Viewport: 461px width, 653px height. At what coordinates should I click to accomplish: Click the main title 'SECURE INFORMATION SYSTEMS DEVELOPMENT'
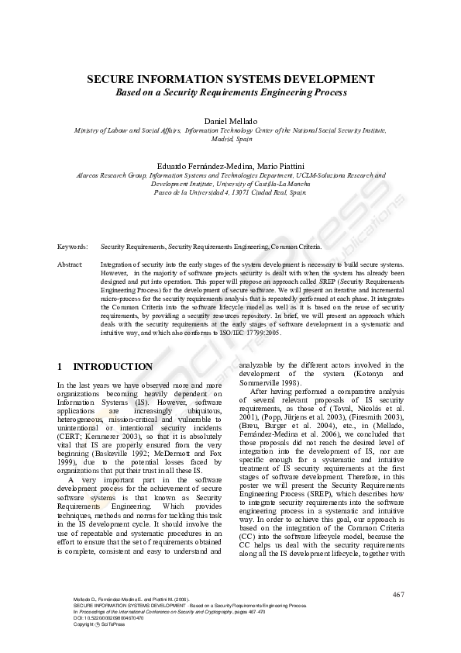click(230, 79)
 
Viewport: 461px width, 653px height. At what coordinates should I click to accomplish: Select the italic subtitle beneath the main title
click(230, 92)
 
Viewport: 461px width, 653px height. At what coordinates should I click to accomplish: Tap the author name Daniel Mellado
click(230, 122)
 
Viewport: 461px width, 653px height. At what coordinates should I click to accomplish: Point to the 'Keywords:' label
click(71, 246)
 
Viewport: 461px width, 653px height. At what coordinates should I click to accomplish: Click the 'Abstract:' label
click(71, 264)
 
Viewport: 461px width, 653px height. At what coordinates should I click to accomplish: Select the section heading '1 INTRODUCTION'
click(105, 366)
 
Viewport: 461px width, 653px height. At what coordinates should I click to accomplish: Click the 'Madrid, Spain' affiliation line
click(230, 140)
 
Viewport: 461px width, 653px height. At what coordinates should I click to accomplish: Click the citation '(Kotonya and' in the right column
click(379, 374)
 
